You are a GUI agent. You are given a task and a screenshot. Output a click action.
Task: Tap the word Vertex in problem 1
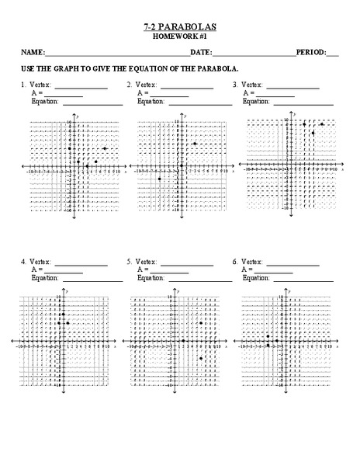(x=41, y=84)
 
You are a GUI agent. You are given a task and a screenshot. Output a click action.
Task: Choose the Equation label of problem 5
(x=151, y=278)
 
